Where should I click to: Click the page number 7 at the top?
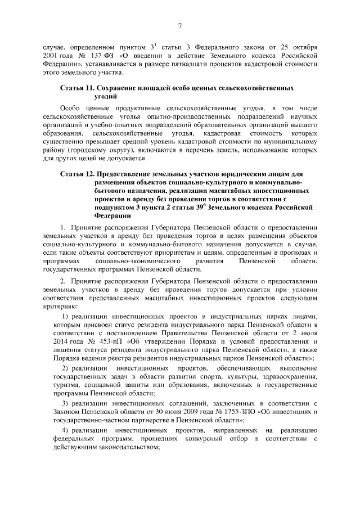(x=180, y=26)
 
